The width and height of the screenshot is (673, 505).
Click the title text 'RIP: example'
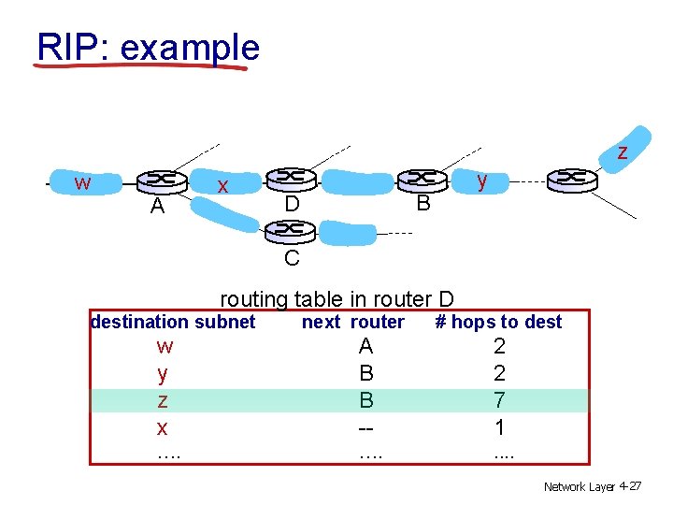click(x=148, y=46)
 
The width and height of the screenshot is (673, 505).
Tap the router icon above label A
click(x=161, y=180)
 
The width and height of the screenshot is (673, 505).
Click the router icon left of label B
click(x=422, y=178)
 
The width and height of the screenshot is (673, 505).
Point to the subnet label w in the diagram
click(x=82, y=182)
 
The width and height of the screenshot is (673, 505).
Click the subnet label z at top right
click(x=622, y=151)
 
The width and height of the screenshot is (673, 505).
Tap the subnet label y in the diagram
click(x=481, y=180)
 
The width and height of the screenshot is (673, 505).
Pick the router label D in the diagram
click(x=292, y=202)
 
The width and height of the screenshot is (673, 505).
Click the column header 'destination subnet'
click(x=172, y=322)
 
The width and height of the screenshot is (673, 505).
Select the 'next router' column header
click(x=352, y=322)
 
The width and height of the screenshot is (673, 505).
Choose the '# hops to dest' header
click(x=499, y=322)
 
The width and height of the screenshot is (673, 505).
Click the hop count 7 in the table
click(x=500, y=400)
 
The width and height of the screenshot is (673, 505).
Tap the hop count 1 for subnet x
click(x=500, y=427)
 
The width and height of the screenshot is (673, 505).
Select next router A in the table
click(x=366, y=346)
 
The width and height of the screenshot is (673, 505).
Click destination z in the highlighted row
click(x=163, y=400)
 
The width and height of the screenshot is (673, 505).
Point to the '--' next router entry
click(x=366, y=427)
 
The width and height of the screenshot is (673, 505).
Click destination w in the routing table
click(x=165, y=346)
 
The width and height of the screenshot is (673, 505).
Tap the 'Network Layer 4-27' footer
click(x=592, y=486)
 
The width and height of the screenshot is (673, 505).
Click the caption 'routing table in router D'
click(x=336, y=299)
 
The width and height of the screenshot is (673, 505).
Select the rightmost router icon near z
click(x=572, y=178)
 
